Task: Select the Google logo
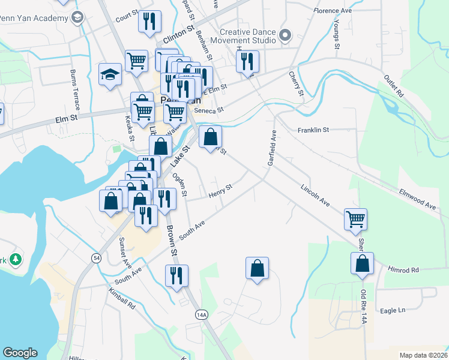[20, 353]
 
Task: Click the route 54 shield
[96, 257]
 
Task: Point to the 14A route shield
[201, 314]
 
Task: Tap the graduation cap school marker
[110, 76]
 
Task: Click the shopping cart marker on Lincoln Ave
[355, 220]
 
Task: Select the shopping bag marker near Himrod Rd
[363, 264]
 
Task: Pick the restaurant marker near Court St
[149, 21]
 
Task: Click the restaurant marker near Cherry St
[247, 61]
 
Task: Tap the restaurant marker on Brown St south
[176, 276]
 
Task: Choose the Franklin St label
[313, 130]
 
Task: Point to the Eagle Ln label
[393, 310]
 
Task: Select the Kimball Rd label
[122, 298]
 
